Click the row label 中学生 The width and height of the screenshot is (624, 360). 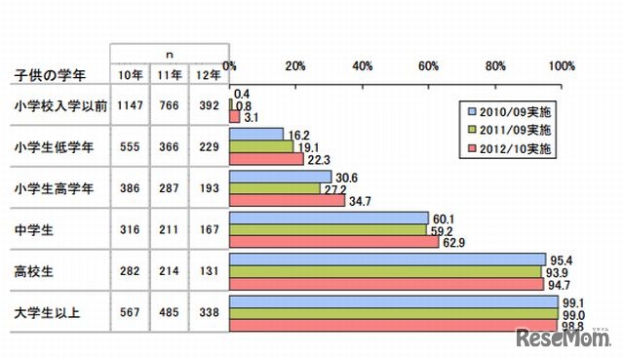34,230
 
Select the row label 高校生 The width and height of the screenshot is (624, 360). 34,273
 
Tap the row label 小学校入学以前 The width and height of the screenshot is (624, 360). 58,104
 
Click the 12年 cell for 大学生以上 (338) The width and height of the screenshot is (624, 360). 208,315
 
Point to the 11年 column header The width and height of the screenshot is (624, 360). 169,76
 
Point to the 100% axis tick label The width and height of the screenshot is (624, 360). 562,66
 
